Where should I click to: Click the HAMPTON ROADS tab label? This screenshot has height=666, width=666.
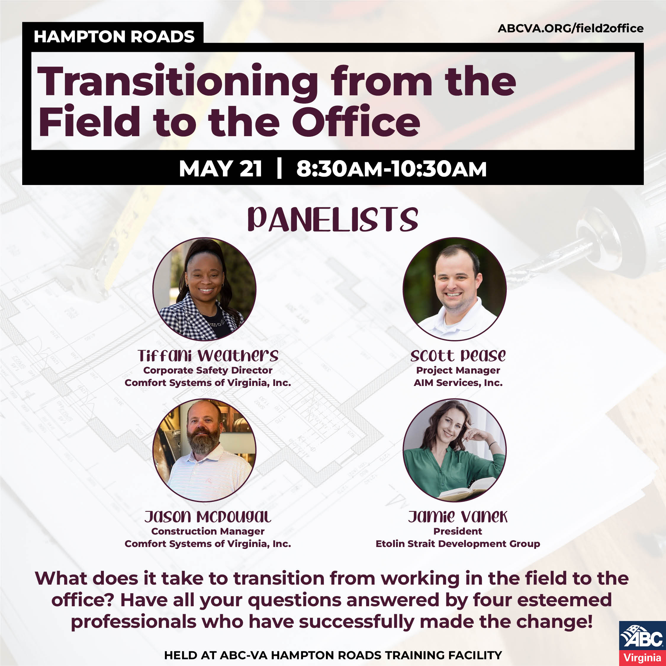tap(114, 36)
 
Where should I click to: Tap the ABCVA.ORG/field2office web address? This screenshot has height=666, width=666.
tap(570, 28)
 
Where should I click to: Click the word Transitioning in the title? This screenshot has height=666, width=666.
tap(177, 82)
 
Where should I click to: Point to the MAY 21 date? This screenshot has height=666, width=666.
tap(220, 169)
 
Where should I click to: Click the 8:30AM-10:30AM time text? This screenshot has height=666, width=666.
tap(391, 169)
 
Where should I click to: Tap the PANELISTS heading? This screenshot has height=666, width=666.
tap(333, 220)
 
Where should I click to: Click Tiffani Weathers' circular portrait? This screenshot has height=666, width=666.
tap(205, 289)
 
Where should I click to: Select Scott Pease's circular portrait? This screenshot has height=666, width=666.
tap(454, 289)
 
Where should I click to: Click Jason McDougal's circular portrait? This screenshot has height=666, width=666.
tap(205, 450)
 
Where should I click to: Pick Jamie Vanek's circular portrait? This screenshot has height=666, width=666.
tap(454, 450)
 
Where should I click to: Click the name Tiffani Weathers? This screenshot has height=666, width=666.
tap(208, 356)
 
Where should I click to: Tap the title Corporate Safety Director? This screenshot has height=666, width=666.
tap(208, 370)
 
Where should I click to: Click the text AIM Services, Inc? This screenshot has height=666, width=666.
tap(458, 383)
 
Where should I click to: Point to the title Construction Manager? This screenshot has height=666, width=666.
tap(208, 531)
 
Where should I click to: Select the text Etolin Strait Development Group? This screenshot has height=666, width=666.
tap(458, 544)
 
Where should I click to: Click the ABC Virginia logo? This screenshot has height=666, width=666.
tap(642, 643)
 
